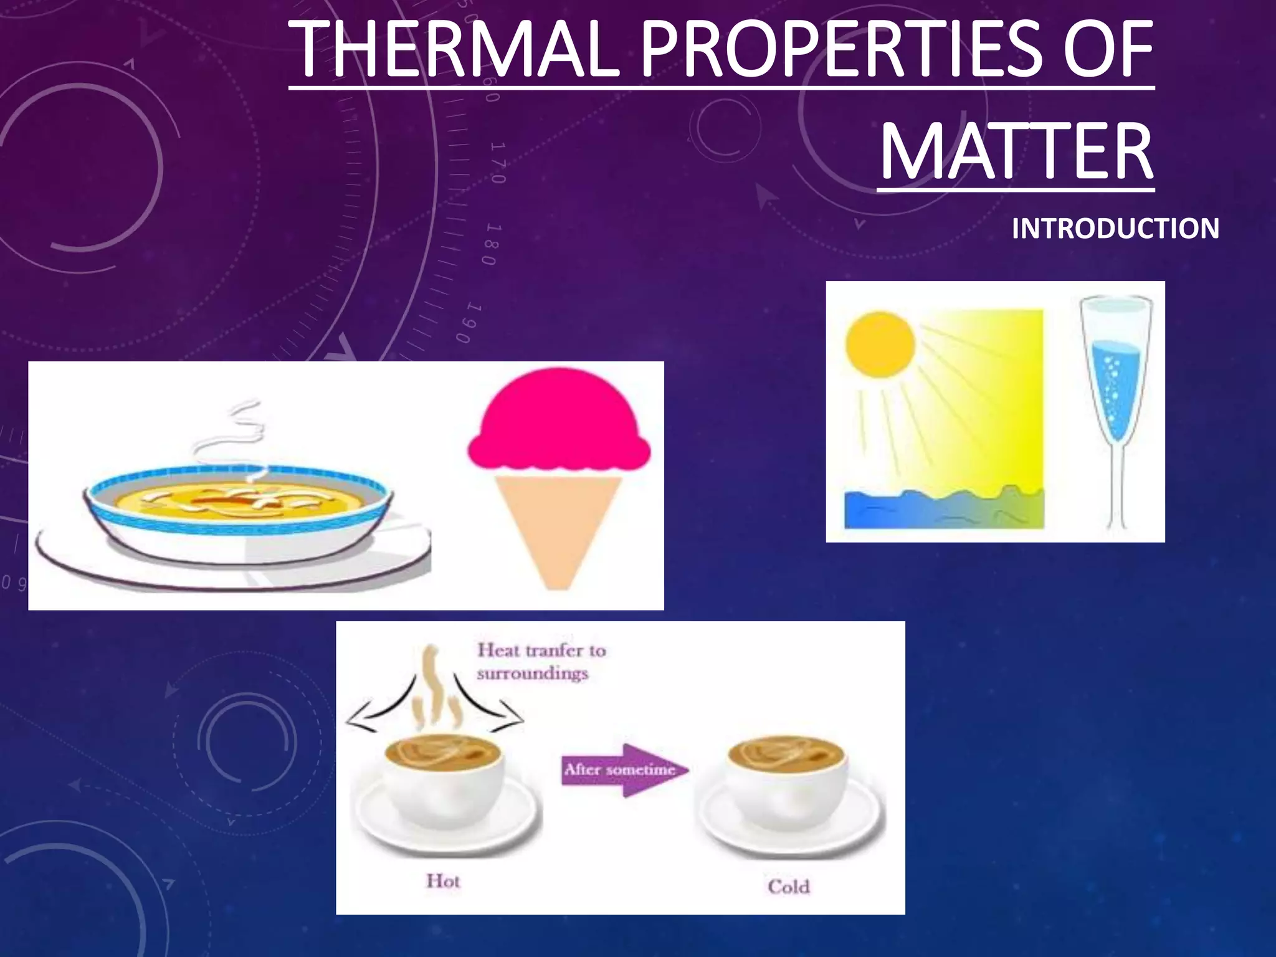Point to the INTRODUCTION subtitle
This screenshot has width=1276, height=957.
click(1115, 229)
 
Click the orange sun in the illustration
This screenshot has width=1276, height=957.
click(880, 345)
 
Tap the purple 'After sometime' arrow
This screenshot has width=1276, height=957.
click(623, 769)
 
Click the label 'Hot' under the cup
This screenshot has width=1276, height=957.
click(443, 881)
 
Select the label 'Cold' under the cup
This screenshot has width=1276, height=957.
click(788, 886)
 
